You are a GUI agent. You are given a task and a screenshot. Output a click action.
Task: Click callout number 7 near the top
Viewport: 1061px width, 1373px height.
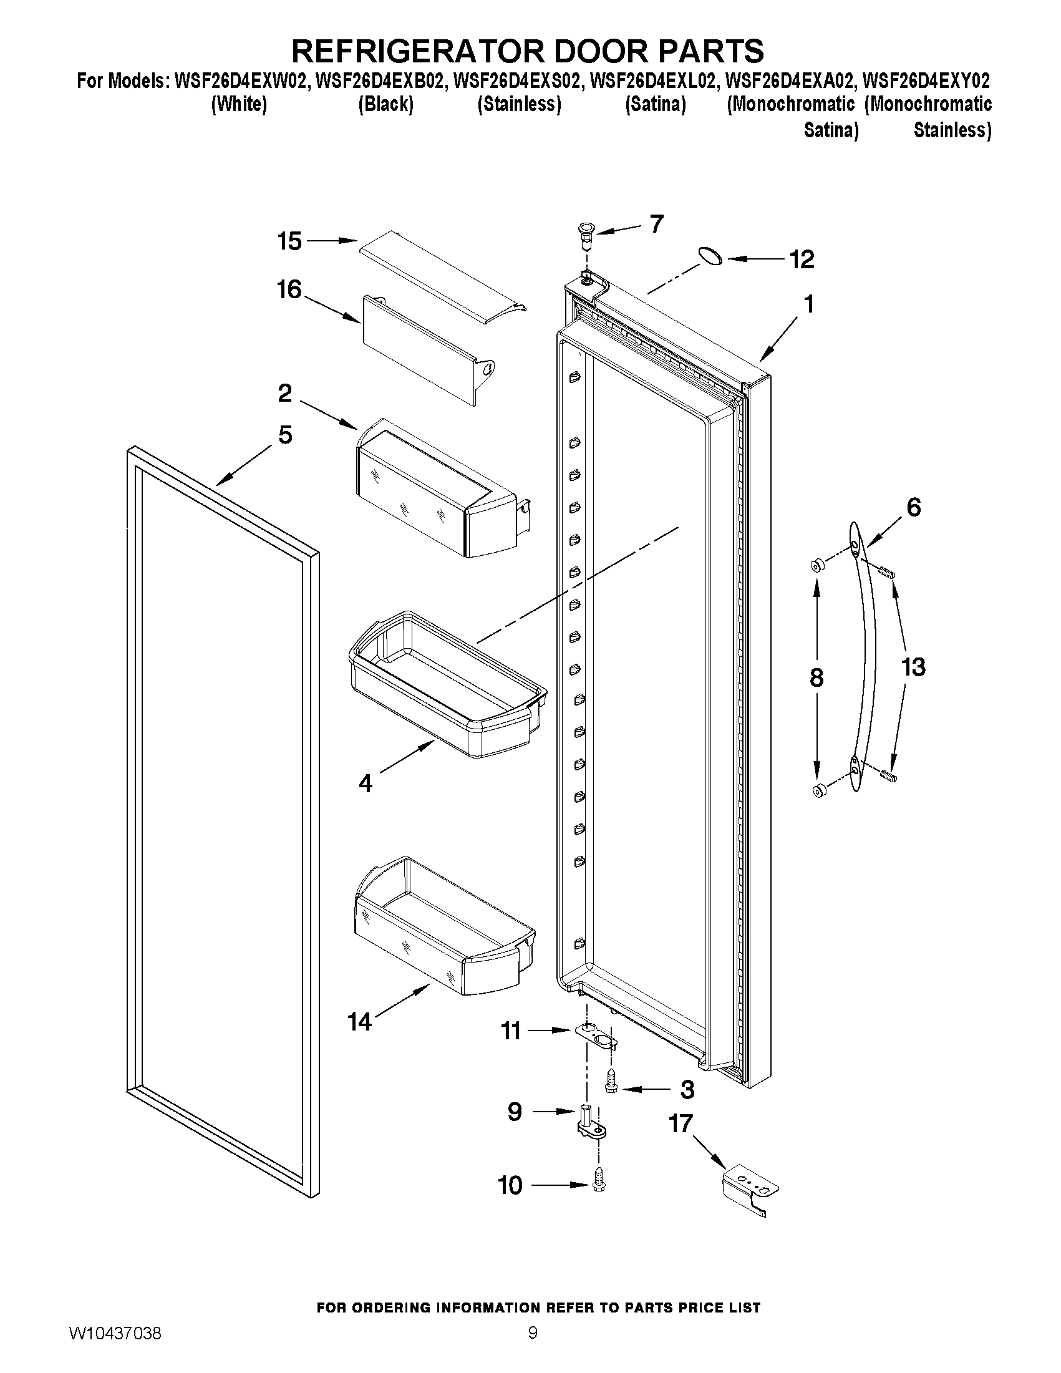(656, 224)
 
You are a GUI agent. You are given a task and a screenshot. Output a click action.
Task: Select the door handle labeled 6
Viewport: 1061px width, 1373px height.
(869, 654)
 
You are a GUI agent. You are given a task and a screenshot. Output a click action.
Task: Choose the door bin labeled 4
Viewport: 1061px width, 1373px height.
(446, 685)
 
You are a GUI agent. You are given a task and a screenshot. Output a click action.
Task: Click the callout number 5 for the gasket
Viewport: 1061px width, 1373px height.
(284, 434)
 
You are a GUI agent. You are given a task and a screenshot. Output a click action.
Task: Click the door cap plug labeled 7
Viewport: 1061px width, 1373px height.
(586, 236)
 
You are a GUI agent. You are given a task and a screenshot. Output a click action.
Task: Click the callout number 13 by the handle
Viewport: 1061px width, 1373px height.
(913, 666)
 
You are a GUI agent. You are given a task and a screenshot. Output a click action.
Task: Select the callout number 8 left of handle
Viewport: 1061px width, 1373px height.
(816, 677)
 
